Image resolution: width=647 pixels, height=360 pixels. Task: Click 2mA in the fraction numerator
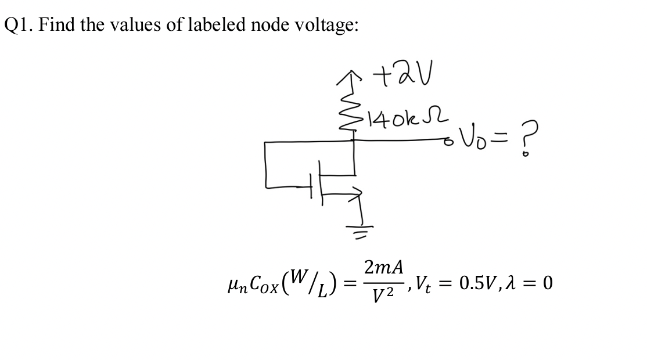click(x=383, y=268)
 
